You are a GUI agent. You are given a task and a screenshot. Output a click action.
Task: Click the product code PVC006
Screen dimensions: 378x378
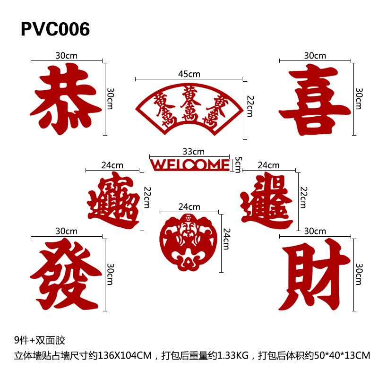[55, 29]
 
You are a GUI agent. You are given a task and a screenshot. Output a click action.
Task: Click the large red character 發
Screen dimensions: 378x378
[66, 274]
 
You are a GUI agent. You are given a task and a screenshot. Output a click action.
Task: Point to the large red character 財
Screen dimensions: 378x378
[314, 276]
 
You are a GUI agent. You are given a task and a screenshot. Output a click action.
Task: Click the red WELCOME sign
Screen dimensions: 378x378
[189, 164]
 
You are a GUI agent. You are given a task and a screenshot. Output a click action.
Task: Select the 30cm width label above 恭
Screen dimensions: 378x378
[67, 55]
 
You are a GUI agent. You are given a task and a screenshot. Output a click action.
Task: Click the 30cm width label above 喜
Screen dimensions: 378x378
[315, 55]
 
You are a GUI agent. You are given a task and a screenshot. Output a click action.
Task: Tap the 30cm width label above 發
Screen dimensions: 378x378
[67, 231]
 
